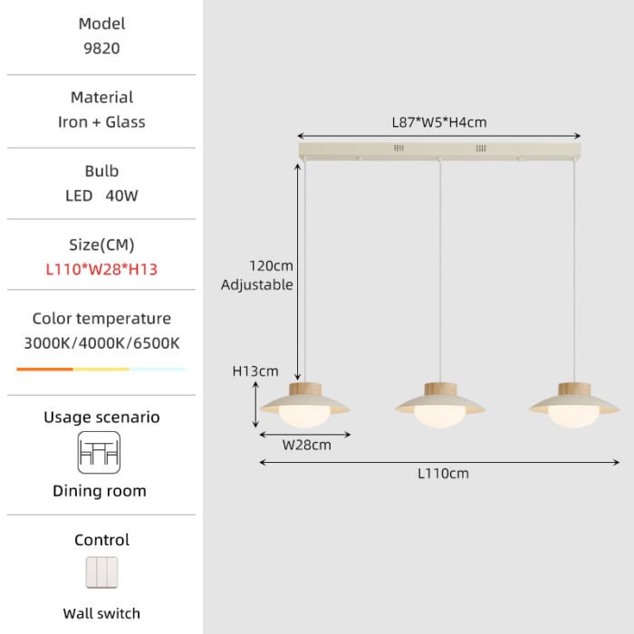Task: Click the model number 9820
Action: point(101,49)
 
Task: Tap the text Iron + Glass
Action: point(101,122)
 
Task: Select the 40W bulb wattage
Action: point(121,196)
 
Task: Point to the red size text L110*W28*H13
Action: point(101,269)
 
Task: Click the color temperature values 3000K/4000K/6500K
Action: point(101,343)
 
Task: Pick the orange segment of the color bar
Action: point(44,370)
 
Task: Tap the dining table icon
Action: point(99,453)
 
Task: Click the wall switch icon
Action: point(101,572)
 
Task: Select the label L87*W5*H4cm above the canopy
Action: point(439,122)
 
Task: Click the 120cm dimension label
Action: point(271,266)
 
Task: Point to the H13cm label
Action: point(255,371)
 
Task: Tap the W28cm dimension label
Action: point(306,446)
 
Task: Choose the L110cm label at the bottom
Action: point(443,474)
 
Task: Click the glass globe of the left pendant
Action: point(304,417)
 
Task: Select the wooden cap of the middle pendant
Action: point(440,389)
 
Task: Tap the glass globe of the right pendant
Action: point(573,417)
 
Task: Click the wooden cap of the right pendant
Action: point(574,389)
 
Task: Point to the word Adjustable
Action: point(256,284)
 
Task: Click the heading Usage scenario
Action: point(101,418)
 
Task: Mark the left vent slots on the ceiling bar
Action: point(399,149)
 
